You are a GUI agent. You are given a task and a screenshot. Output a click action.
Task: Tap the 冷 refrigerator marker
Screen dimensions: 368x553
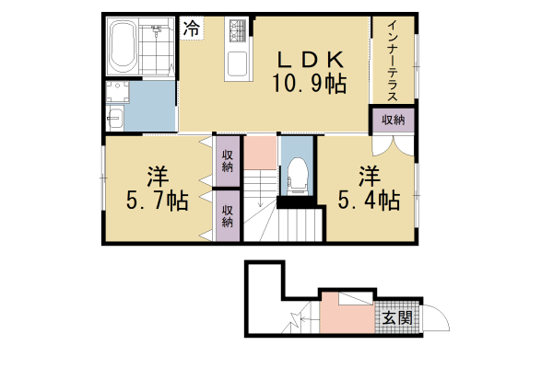(191, 28)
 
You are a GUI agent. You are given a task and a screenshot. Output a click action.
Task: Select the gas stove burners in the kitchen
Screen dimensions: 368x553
(237, 33)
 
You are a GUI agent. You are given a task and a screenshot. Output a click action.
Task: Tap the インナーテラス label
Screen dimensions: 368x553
(392, 61)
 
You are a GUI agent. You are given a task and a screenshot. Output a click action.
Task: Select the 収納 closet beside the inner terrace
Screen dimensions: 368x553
(393, 121)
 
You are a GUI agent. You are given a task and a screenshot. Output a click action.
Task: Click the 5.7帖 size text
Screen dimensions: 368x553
(155, 201)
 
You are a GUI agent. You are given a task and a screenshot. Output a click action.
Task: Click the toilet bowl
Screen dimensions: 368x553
(297, 172)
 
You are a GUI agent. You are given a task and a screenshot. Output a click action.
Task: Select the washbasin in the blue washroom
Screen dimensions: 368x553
(115, 117)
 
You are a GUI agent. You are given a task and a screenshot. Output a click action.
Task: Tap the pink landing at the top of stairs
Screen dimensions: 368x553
(261, 151)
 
